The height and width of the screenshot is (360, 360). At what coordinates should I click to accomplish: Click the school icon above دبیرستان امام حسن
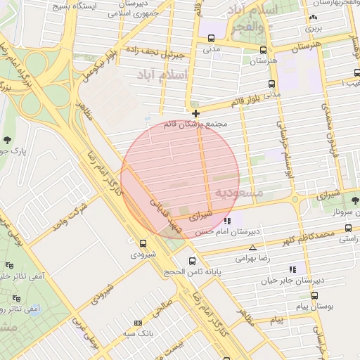coord(226,220)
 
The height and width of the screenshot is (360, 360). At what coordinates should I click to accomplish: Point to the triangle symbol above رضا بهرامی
coord(253,247)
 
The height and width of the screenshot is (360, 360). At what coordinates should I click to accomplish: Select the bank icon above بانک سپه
coord(138,323)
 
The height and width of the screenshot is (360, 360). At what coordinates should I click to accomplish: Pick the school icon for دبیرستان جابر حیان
coord(292,269)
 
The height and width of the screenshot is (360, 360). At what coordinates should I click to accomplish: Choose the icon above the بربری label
coord(311,18)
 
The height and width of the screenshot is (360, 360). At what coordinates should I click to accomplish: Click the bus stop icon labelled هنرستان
coord(263,50)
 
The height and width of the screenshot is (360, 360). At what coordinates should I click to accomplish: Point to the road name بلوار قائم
coord(250,101)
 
